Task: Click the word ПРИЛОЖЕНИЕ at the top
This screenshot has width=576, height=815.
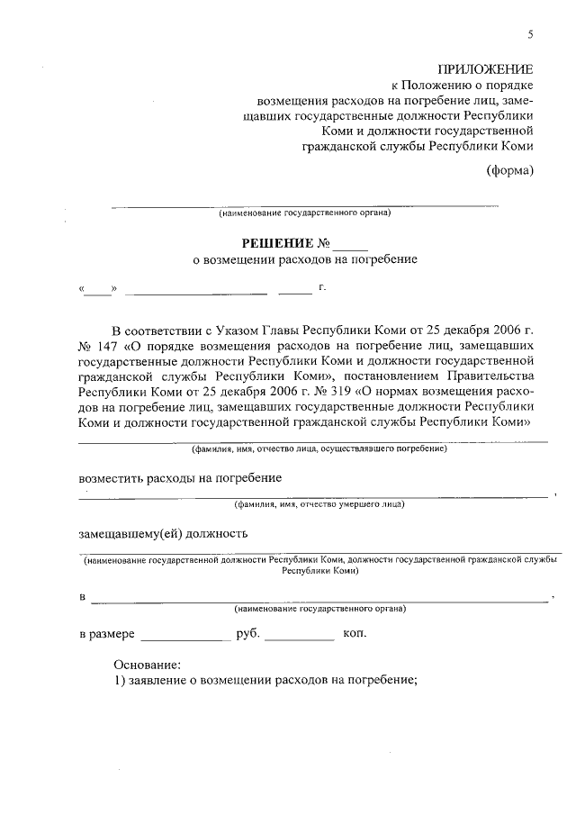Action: click(485, 69)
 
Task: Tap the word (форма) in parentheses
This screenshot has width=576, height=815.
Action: click(510, 169)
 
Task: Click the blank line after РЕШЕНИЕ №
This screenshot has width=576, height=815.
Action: click(350, 245)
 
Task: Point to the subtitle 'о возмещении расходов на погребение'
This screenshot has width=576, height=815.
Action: click(306, 260)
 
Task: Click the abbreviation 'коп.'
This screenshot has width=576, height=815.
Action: click(355, 633)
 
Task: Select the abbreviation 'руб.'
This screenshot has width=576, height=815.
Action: click(247, 634)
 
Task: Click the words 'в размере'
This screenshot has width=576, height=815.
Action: click(106, 634)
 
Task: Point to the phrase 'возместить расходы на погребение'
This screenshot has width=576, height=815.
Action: click(181, 476)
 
